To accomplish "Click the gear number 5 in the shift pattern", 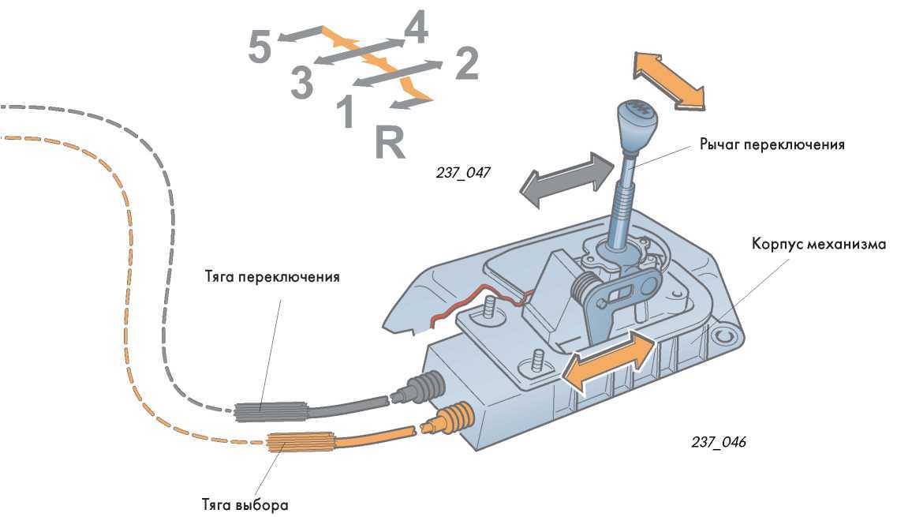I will [260, 47].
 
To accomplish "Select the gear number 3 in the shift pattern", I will [301, 84].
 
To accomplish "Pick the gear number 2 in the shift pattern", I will [467, 64].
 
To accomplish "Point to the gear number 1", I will [346, 112].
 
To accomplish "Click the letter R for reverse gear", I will [390, 142].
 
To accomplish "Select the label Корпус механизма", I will [818, 245].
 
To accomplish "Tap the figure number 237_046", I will [718, 442].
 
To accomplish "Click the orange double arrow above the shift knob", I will [668, 80].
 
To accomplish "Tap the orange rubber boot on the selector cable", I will [453, 418].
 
